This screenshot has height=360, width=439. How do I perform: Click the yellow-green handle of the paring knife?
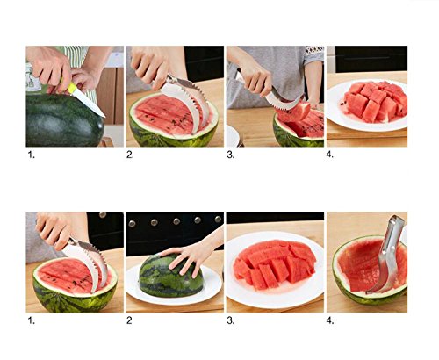[72, 88]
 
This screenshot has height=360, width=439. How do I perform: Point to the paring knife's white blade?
[90, 104]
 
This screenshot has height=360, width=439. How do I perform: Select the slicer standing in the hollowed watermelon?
[386, 255]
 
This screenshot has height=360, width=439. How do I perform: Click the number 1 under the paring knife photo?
[31, 155]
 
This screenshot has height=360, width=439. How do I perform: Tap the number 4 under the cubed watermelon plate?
[329, 155]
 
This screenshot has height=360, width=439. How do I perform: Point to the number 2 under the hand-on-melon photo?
[129, 320]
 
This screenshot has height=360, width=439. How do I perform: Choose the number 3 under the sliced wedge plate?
[230, 320]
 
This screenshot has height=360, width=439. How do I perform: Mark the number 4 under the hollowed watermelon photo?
[330, 320]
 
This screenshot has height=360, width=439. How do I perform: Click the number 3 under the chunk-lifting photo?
[230, 155]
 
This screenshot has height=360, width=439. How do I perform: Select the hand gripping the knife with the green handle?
[50, 68]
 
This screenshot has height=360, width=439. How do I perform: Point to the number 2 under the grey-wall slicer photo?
[130, 155]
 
